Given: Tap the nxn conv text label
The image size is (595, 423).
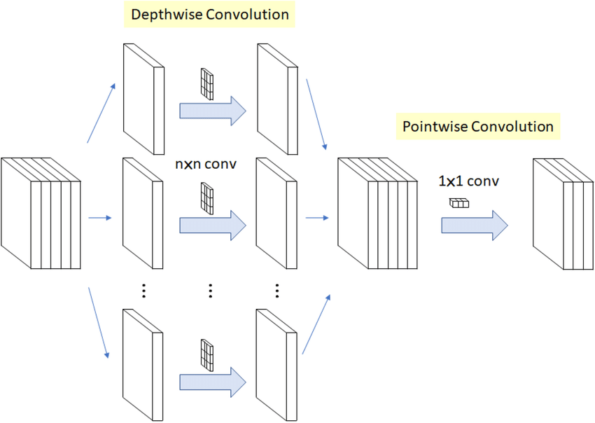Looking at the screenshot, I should pyautogui.click(x=206, y=165).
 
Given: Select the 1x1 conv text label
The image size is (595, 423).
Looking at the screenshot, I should pyautogui.click(x=468, y=181).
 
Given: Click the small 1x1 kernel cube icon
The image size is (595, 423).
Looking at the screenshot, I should pyautogui.click(x=458, y=203).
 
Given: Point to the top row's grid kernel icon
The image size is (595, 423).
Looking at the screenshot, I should pyautogui.click(x=206, y=82).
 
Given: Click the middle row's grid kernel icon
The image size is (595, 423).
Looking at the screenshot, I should pyautogui.click(x=206, y=197).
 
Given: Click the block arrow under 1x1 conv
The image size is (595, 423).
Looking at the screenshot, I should pyautogui.click(x=474, y=225).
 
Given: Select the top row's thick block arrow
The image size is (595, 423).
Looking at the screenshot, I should pyautogui.click(x=213, y=110).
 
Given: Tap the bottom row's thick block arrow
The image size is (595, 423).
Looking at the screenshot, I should pyautogui.click(x=213, y=382).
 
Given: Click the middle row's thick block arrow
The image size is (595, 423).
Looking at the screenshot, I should pyautogui.click(x=213, y=225).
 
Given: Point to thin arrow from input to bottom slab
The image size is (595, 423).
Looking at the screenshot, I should pyautogui.click(x=99, y=322).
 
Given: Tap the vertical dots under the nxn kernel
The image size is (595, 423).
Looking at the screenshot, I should pyautogui.click(x=211, y=291).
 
